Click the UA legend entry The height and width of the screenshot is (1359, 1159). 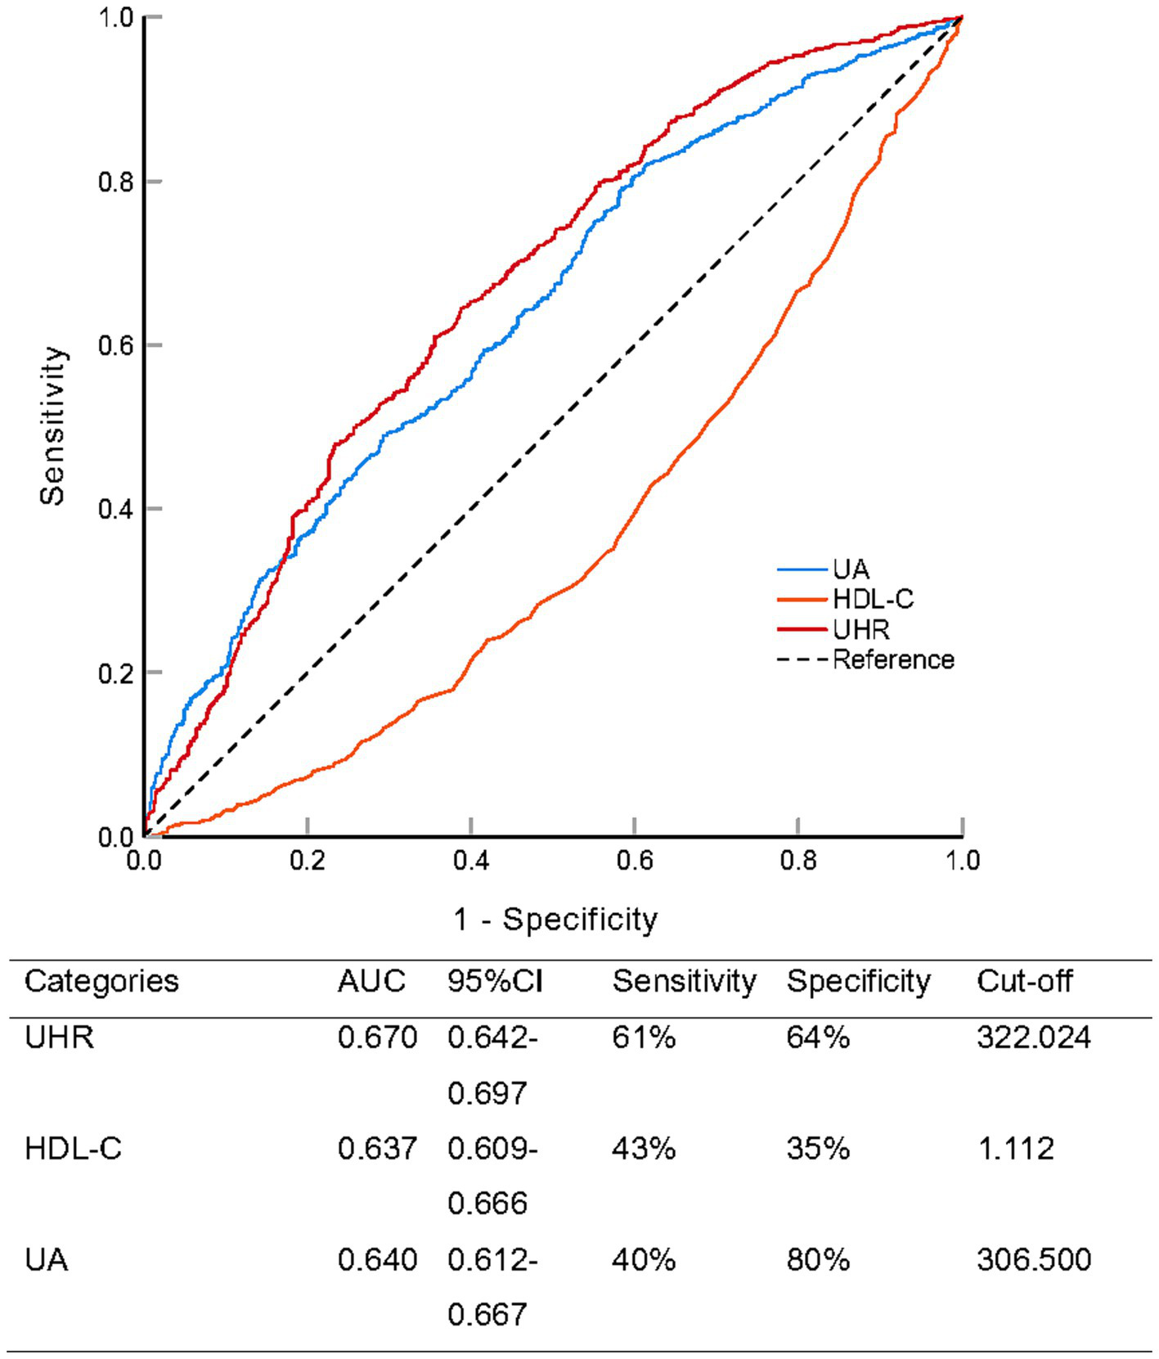[x=850, y=569]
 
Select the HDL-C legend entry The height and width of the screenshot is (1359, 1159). [x=872, y=600]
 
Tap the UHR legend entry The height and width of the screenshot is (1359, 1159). [x=860, y=629]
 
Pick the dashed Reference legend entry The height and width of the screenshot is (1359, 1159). [x=892, y=659]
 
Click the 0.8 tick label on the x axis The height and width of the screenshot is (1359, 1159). [x=798, y=861]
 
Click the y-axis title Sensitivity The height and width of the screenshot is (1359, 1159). [x=52, y=425]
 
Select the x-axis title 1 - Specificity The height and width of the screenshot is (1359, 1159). [x=555, y=920]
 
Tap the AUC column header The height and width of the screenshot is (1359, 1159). [x=371, y=981]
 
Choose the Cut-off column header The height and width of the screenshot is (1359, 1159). [x=1024, y=981]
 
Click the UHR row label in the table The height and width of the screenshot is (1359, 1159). [x=59, y=1037]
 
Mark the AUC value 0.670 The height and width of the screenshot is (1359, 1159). [x=377, y=1037]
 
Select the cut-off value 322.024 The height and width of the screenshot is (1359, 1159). [x=1034, y=1037]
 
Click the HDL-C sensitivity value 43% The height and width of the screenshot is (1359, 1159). [x=644, y=1149]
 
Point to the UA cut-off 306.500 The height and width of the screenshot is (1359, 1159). [x=1034, y=1259]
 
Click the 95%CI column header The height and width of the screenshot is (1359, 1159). [x=495, y=981]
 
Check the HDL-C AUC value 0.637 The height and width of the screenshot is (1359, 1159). [x=377, y=1149]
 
